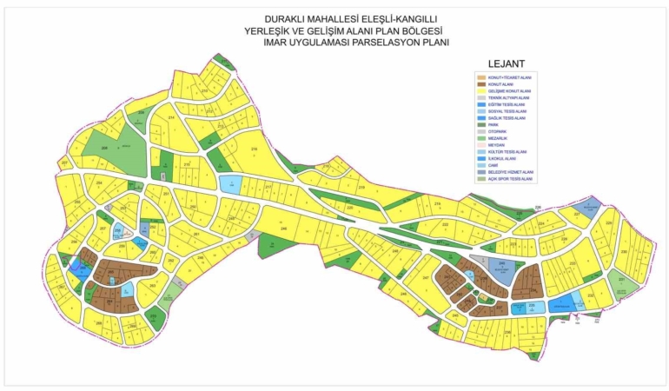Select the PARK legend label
tap(493, 125)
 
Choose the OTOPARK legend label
tap(497, 132)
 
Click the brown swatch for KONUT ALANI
tap(480, 84)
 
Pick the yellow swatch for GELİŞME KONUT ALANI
tap(480, 90)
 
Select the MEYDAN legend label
tap(496, 145)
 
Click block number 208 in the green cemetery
tap(104, 149)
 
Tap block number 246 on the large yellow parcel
tap(283, 229)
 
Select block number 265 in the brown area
tap(110, 271)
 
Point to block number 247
tap(426, 278)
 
